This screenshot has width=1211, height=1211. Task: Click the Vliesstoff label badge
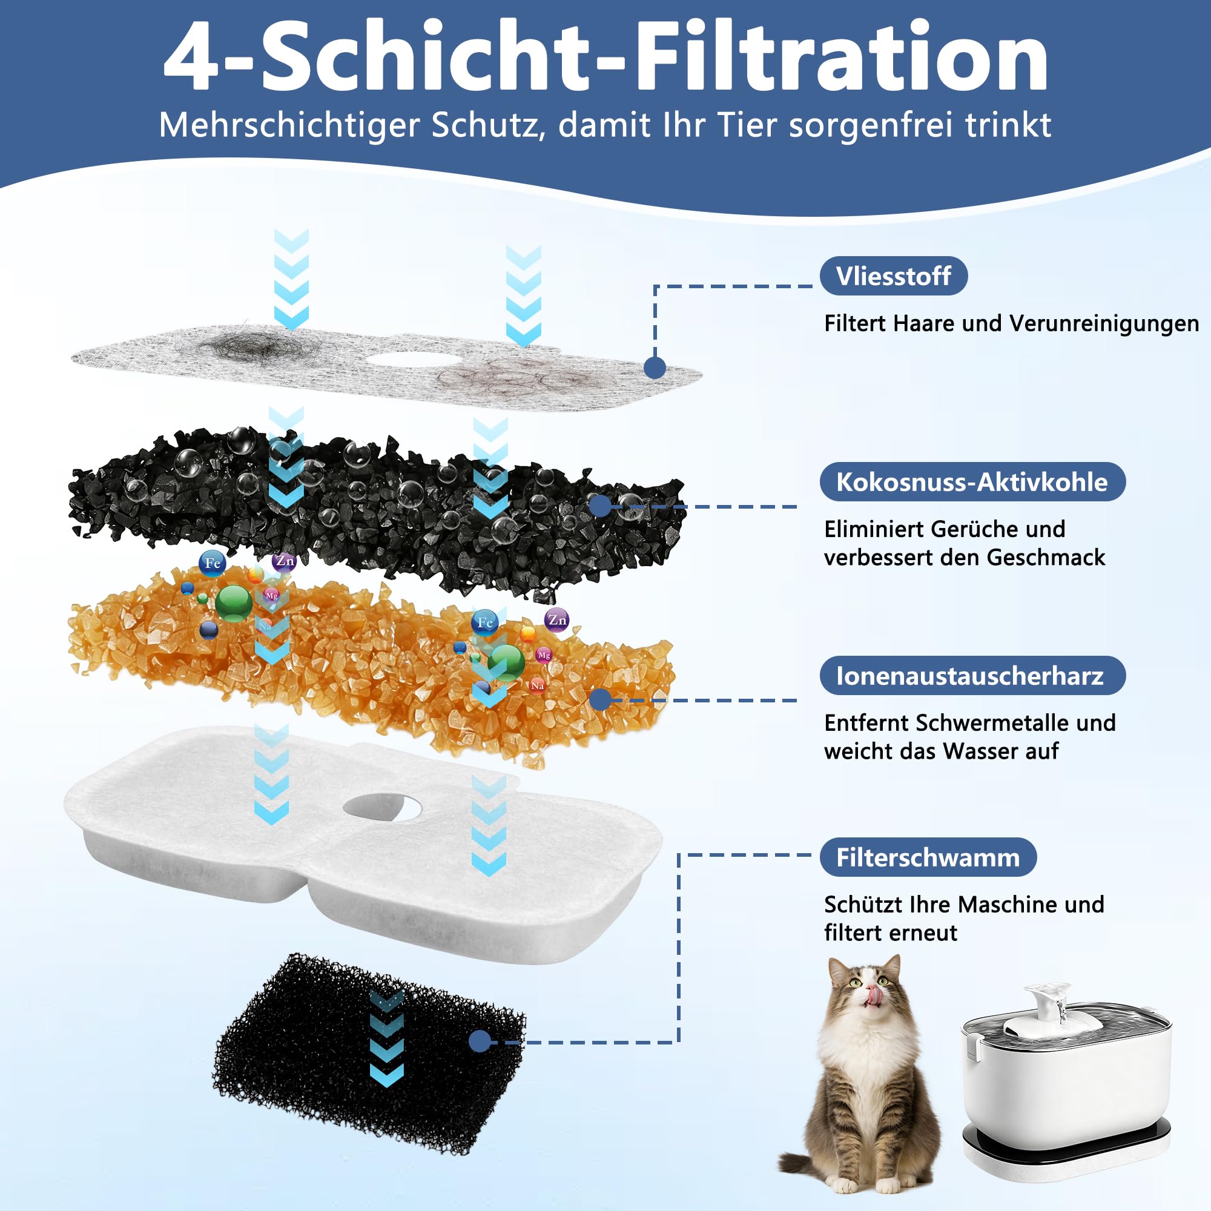click(893, 276)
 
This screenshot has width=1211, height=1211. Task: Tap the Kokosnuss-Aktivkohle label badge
click(972, 481)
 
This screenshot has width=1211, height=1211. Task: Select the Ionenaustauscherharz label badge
click(972, 675)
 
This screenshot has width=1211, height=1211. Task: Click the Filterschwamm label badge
click(928, 857)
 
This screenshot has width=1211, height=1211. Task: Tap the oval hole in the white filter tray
click(381, 808)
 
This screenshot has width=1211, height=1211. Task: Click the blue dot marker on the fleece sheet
click(655, 368)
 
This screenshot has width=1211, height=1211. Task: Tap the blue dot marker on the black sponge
click(480, 1041)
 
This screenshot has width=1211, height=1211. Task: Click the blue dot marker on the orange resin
click(601, 700)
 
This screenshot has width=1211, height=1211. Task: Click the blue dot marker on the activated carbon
click(601, 505)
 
